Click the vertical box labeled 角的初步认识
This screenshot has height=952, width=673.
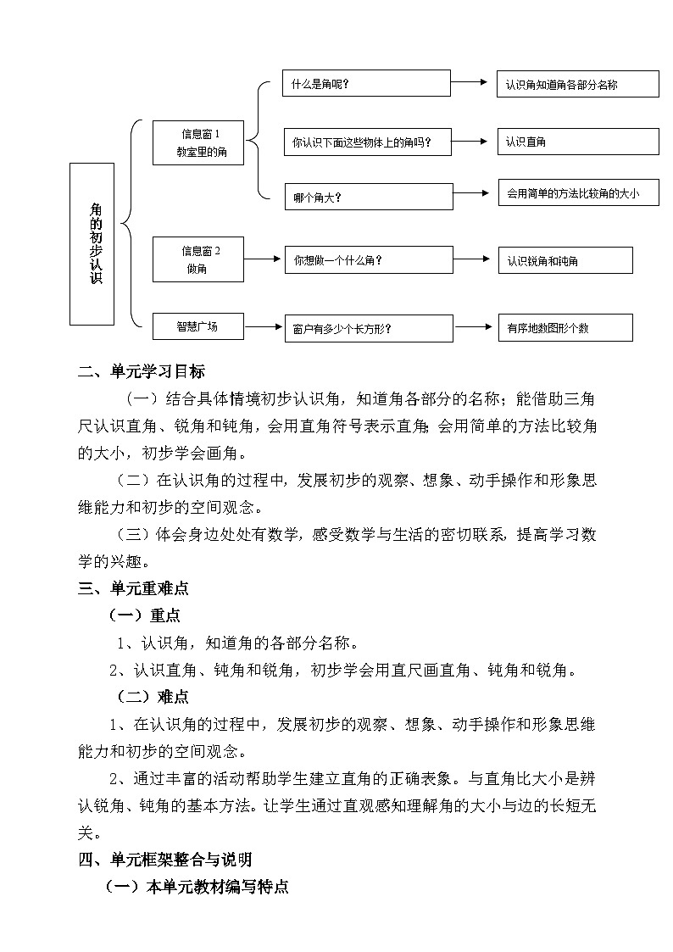(x=92, y=244)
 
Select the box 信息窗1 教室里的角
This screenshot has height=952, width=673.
(x=198, y=142)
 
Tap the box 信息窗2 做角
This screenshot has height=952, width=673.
(x=198, y=259)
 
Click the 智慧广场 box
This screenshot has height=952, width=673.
(x=198, y=326)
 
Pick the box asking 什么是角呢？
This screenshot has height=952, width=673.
(x=366, y=84)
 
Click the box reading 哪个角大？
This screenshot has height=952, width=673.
(x=368, y=197)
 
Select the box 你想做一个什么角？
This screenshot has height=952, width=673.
(x=370, y=260)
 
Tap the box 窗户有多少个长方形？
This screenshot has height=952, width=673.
(x=370, y=328)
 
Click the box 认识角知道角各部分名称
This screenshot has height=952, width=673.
(x=578, y=84)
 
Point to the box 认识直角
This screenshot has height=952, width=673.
(x=578, y=142)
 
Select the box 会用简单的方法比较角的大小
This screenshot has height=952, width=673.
(x=578, y=194)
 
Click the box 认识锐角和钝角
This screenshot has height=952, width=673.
(x=565, y=260)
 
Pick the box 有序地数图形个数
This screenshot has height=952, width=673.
(x=565, y=327)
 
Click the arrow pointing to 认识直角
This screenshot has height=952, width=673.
(x=471, y=142)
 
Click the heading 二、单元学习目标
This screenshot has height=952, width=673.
(x=142, y=371)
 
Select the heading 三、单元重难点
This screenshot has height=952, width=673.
(x=133, y=587)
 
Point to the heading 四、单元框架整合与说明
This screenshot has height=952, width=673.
(x=165, y=860)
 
